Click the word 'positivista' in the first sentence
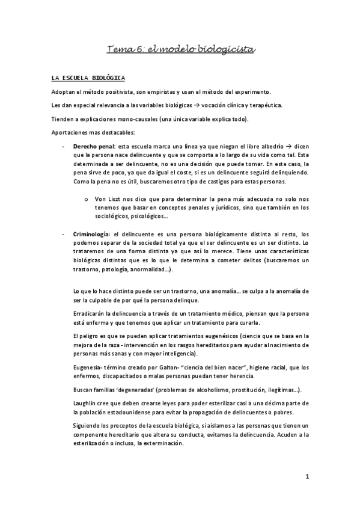pyautogui.click(x=123, y=91)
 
